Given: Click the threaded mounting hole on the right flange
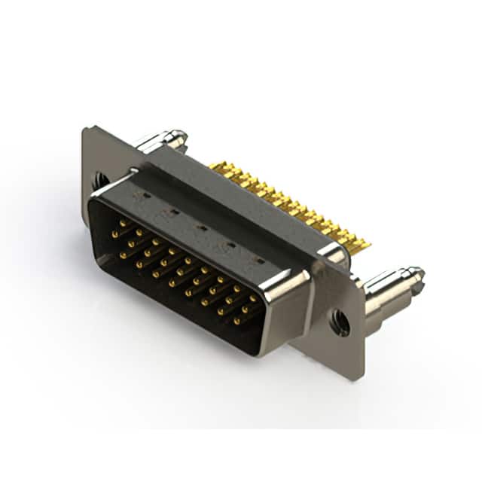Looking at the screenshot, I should [x=341, y=323].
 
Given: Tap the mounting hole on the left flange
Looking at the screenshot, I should [x=100, y=180].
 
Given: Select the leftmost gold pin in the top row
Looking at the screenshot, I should [x=123, y=224].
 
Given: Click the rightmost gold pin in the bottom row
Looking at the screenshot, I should [x=236, y=322].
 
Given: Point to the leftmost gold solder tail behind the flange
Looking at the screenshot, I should [x=214, y=165].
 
